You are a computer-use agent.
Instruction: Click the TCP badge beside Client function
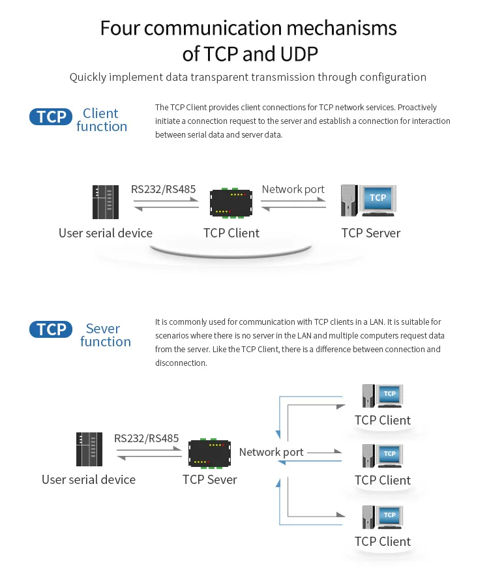click(52, 117)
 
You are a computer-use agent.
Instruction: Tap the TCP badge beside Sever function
click(52, 329)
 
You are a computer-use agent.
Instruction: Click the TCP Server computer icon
click(369, 201)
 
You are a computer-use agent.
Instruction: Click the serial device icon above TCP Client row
click(106, 202)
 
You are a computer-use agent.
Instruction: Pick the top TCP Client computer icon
click(383, 395)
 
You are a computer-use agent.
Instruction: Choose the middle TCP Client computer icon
click(383, 455)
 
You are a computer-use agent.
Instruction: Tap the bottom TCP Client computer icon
click(383, 517)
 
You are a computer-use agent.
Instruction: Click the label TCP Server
click(370, 233)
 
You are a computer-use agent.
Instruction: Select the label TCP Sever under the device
click(209, 480)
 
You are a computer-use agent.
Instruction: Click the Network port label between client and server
click(293, 189)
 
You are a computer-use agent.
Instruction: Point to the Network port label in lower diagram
click(271, 452)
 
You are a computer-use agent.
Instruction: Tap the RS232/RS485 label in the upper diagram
click(163, 189)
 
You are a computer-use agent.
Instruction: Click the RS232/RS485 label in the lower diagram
click(146, 438)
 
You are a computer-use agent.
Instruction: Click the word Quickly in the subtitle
click(89, 77)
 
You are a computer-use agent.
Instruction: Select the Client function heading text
click(101, 120)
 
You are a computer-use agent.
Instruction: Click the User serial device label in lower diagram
click(89, 480)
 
